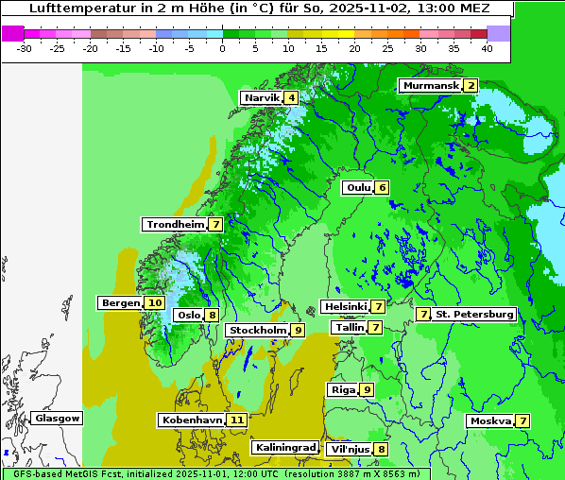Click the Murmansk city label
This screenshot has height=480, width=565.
431,86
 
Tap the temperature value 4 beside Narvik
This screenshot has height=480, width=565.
292,98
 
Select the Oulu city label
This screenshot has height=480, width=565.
358,187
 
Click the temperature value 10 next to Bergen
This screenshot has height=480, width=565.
155,303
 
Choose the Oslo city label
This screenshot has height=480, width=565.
189,316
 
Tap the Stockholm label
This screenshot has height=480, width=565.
257,330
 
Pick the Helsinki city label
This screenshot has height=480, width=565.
345,306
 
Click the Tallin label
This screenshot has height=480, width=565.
350,327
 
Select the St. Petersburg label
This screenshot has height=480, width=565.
474,314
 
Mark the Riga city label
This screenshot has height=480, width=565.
342,389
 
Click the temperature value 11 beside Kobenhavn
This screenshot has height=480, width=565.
237,420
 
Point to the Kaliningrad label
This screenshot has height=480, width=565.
284,448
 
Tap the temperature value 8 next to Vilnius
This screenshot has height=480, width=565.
381,450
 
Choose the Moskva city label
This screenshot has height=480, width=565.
490,420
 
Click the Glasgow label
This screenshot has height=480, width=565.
58,418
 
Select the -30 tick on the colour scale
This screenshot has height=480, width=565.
26,48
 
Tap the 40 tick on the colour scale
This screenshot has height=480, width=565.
487,48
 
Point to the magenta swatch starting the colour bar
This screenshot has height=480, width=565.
12,33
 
